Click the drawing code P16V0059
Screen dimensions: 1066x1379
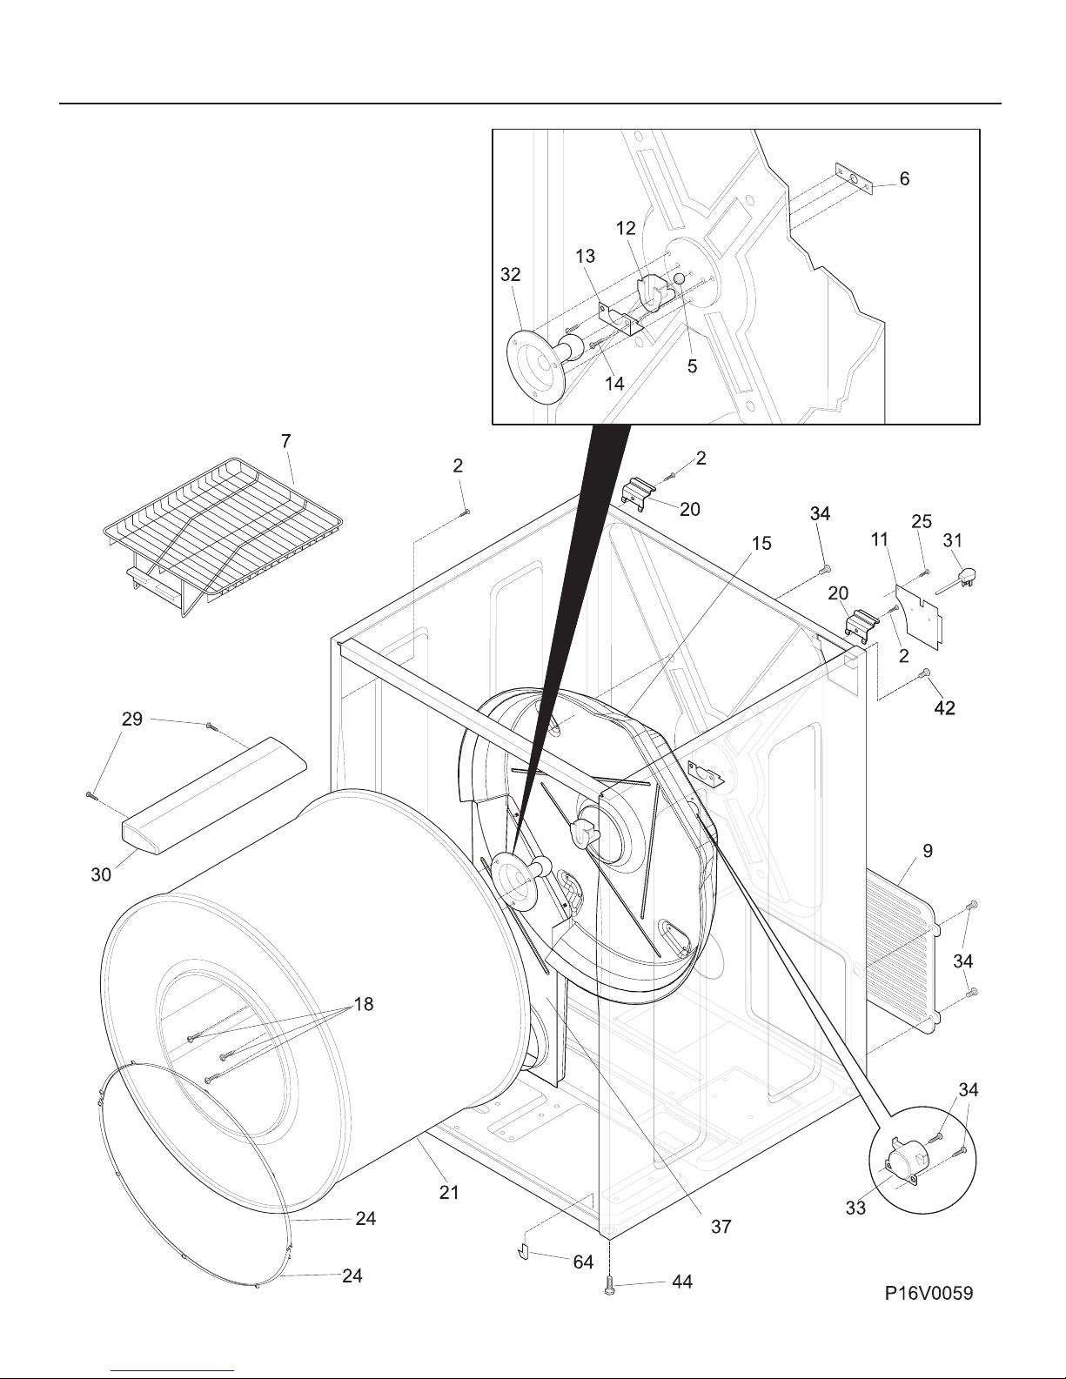929,1293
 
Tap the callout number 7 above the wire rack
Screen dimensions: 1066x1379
286,441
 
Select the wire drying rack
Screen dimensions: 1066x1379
223,536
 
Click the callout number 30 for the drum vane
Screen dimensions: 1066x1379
102,874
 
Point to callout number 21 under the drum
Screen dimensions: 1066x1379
449,1193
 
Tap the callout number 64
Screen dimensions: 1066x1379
583,1262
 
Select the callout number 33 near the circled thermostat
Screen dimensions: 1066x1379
855,1208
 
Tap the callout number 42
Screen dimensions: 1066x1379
944,707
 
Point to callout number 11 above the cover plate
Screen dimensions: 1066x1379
880,539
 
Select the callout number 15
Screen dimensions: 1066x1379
761,543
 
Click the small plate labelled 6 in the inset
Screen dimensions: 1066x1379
854,177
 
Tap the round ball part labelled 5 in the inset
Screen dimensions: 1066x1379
679,278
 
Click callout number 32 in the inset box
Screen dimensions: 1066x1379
510,274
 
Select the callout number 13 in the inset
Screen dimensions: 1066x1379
585,256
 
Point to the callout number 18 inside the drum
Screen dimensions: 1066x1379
363,1004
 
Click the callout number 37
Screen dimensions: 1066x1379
721,1227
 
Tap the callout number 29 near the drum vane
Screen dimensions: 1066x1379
132,719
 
